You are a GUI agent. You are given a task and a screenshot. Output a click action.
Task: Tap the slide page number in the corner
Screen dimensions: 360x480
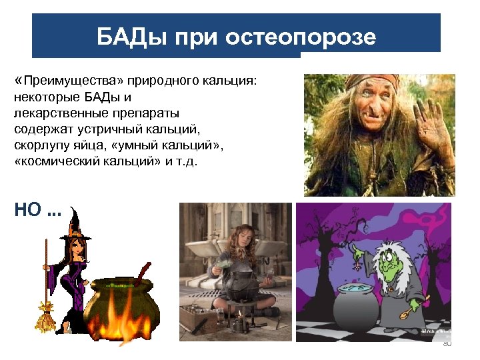pyautogui.click(x=447, y=343)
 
